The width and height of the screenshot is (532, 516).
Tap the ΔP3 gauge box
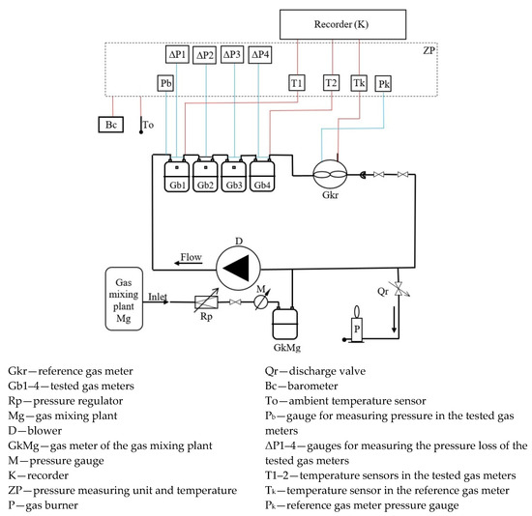pyautogui.click(x=232, y=55)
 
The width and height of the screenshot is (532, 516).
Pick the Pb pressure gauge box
pyautogui.click(x=166, y=84)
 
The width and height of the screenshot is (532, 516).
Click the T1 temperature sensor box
pyautogui.click(x=297, y=84)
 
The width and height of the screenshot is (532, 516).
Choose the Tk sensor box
pyautogui.click(x=360, y=84)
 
